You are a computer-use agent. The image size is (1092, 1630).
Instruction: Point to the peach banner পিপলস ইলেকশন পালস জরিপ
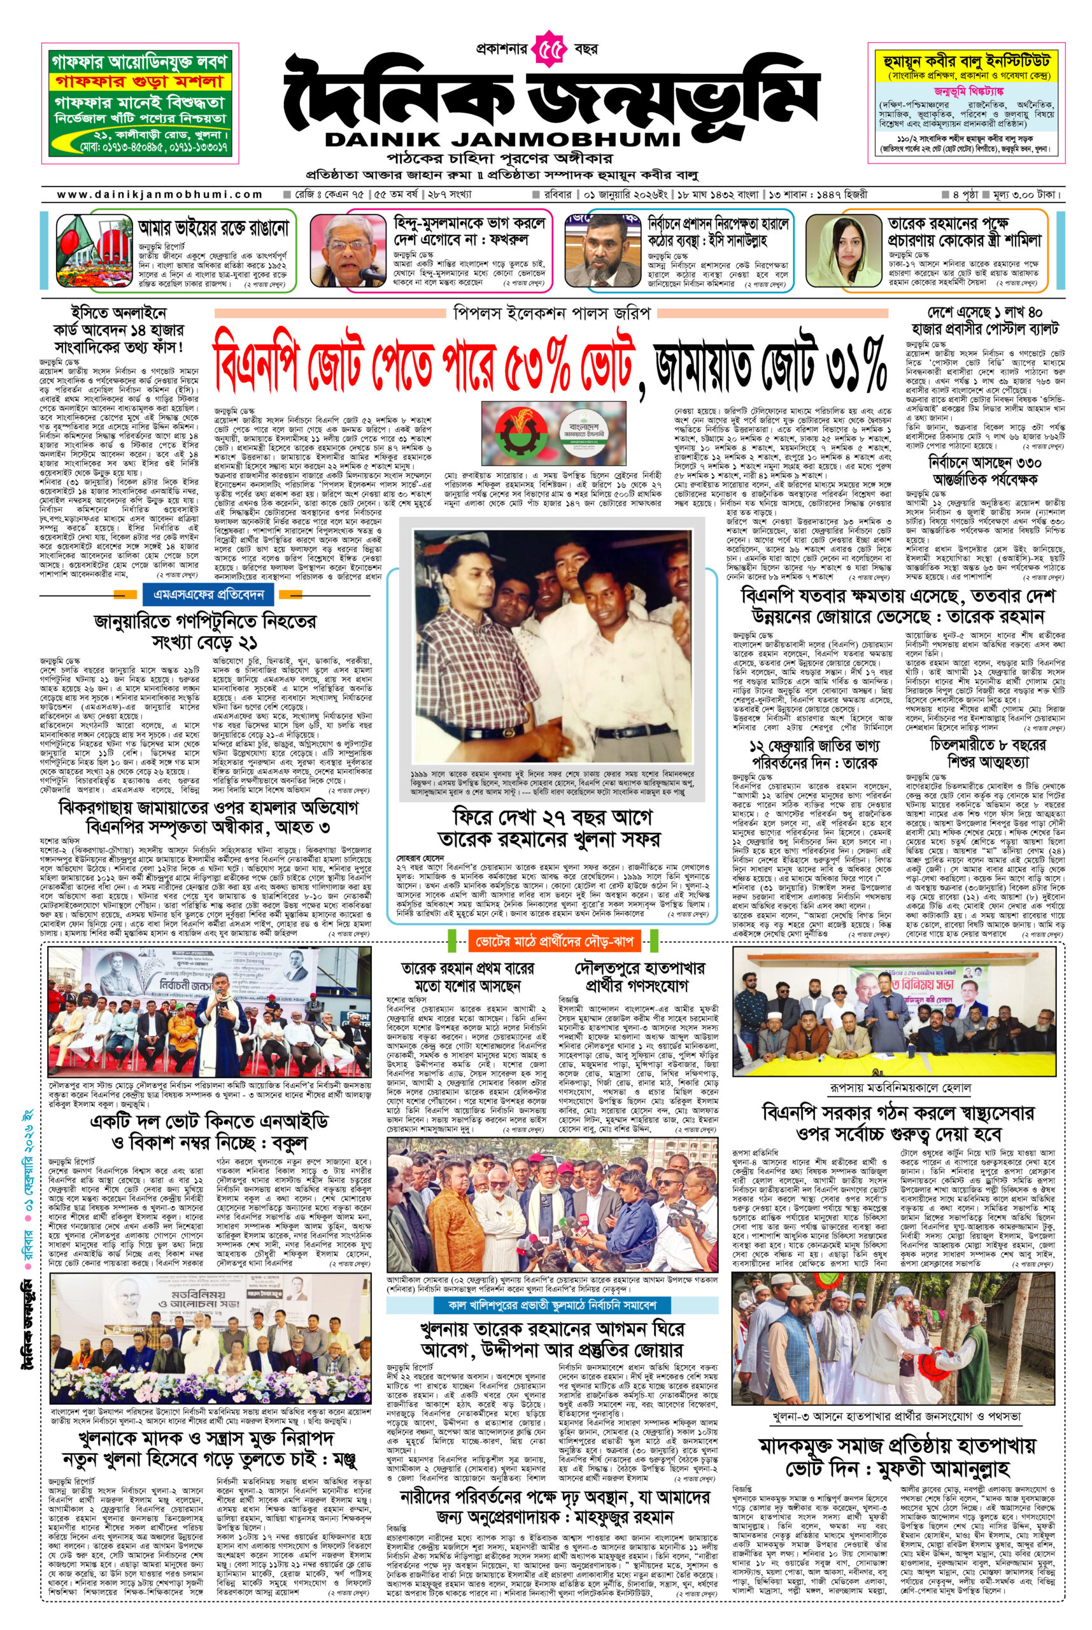point(551,313)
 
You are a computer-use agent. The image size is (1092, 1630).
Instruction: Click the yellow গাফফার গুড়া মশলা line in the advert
point(139,82)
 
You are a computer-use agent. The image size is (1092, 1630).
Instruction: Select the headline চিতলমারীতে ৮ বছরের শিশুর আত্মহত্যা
point(988,753)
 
